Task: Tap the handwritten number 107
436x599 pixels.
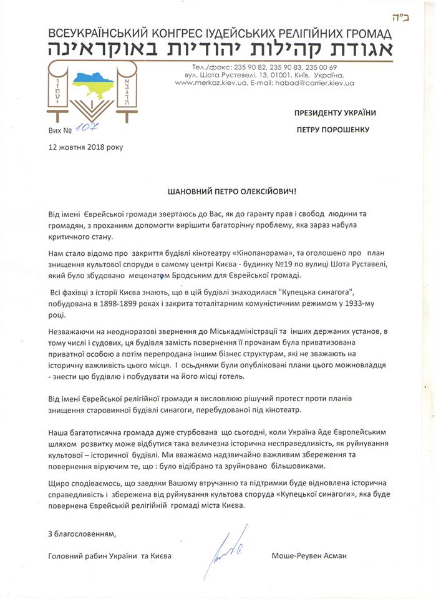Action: [82, 129]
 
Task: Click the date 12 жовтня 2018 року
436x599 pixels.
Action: [86, 147]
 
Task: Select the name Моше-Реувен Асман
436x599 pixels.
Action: [309, 555]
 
